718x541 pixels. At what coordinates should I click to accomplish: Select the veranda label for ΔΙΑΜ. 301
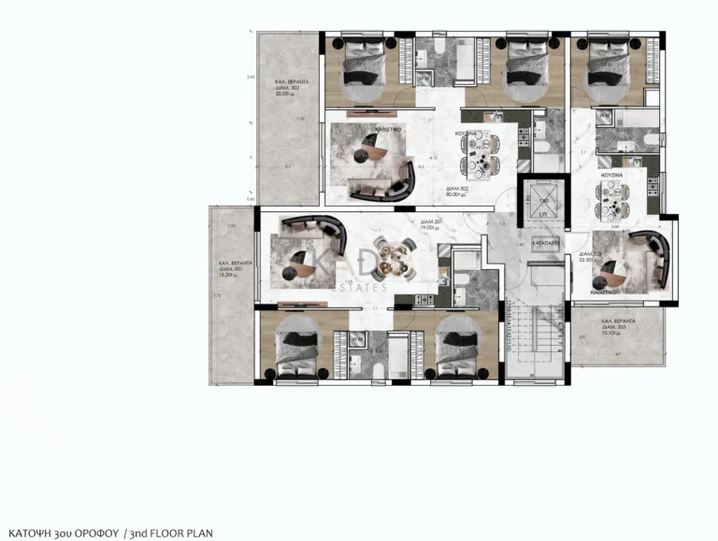[x=233, y=268]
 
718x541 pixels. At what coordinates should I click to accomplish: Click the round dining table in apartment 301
[x=393, y=257]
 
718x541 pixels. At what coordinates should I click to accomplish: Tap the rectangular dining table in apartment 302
[x=480, y=155]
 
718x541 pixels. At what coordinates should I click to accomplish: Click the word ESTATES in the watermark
[x=359, y=288]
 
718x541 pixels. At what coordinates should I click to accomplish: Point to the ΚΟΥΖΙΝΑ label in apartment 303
[x=611, y=176]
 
